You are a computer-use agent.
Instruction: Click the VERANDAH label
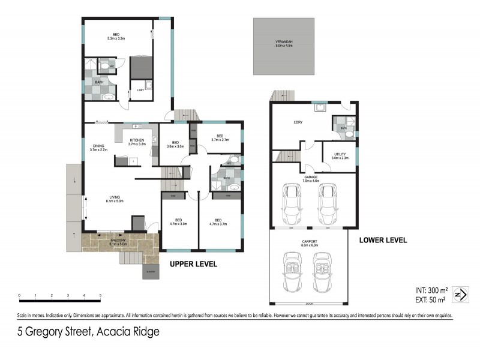pyautogui.click(x=284, y=42)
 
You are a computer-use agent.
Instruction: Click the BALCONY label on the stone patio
pyautogui.click(x=118, y=242)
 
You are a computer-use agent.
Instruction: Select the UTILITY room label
pyautogui.click(x=340, y=156)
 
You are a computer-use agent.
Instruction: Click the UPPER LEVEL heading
pyautogui.click(x=193, y=264)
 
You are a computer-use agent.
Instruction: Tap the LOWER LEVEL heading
pyautogui.click(x=383, y=240)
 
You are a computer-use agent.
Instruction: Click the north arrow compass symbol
pyautogui.click(x=460, y=295)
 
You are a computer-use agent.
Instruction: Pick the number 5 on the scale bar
pyautogui.click(x=100, y=295)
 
